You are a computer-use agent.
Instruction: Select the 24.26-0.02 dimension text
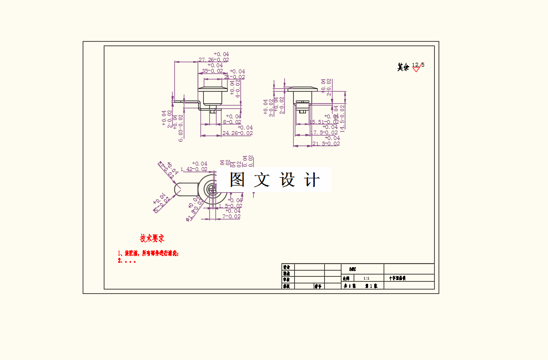237,133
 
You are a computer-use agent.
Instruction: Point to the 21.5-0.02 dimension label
325,144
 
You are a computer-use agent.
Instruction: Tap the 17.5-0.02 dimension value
324,133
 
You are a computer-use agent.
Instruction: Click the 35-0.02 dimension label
213,71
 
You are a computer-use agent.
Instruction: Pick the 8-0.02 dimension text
232,122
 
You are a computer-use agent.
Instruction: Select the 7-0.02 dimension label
232,217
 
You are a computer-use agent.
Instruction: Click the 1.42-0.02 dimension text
194,169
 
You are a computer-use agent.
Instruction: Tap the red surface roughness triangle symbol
416,69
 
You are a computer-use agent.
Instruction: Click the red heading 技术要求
152,239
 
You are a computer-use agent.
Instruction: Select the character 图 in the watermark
238,180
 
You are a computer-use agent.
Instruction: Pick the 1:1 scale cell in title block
366,278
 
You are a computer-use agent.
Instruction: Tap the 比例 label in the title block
346,278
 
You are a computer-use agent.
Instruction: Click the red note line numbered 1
148,253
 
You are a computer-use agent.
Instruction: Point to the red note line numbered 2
127,261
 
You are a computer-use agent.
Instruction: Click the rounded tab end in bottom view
179,190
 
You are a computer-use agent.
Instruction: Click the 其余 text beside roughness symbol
403,67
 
